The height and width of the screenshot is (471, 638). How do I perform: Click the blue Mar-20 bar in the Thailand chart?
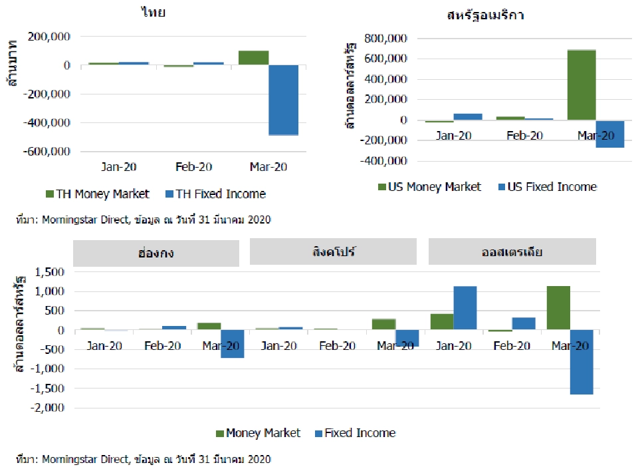pos(283,100)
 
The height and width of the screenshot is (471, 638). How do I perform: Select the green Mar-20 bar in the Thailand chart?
pos(253,58)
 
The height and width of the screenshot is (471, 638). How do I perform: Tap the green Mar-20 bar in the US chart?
pos(581,84)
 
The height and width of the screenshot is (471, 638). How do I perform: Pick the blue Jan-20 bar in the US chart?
pos(467,117)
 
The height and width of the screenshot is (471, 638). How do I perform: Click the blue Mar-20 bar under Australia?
pos(581,362)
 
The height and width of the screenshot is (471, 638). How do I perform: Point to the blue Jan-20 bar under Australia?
pos(465,307)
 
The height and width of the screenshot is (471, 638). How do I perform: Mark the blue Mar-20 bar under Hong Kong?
pos(232,344)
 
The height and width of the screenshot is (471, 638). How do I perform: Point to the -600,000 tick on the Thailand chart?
pos(47,151)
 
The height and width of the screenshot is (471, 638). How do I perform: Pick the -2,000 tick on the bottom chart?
pos(47,407)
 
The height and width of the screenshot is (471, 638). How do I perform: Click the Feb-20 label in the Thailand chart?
pos(194,168)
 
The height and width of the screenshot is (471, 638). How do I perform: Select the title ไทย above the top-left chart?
pos(154,13)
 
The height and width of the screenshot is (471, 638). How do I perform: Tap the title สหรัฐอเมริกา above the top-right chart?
pos(485,15)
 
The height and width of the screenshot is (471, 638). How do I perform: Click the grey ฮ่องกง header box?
pos(156,253)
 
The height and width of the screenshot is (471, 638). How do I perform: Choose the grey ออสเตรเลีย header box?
pos(512,253)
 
